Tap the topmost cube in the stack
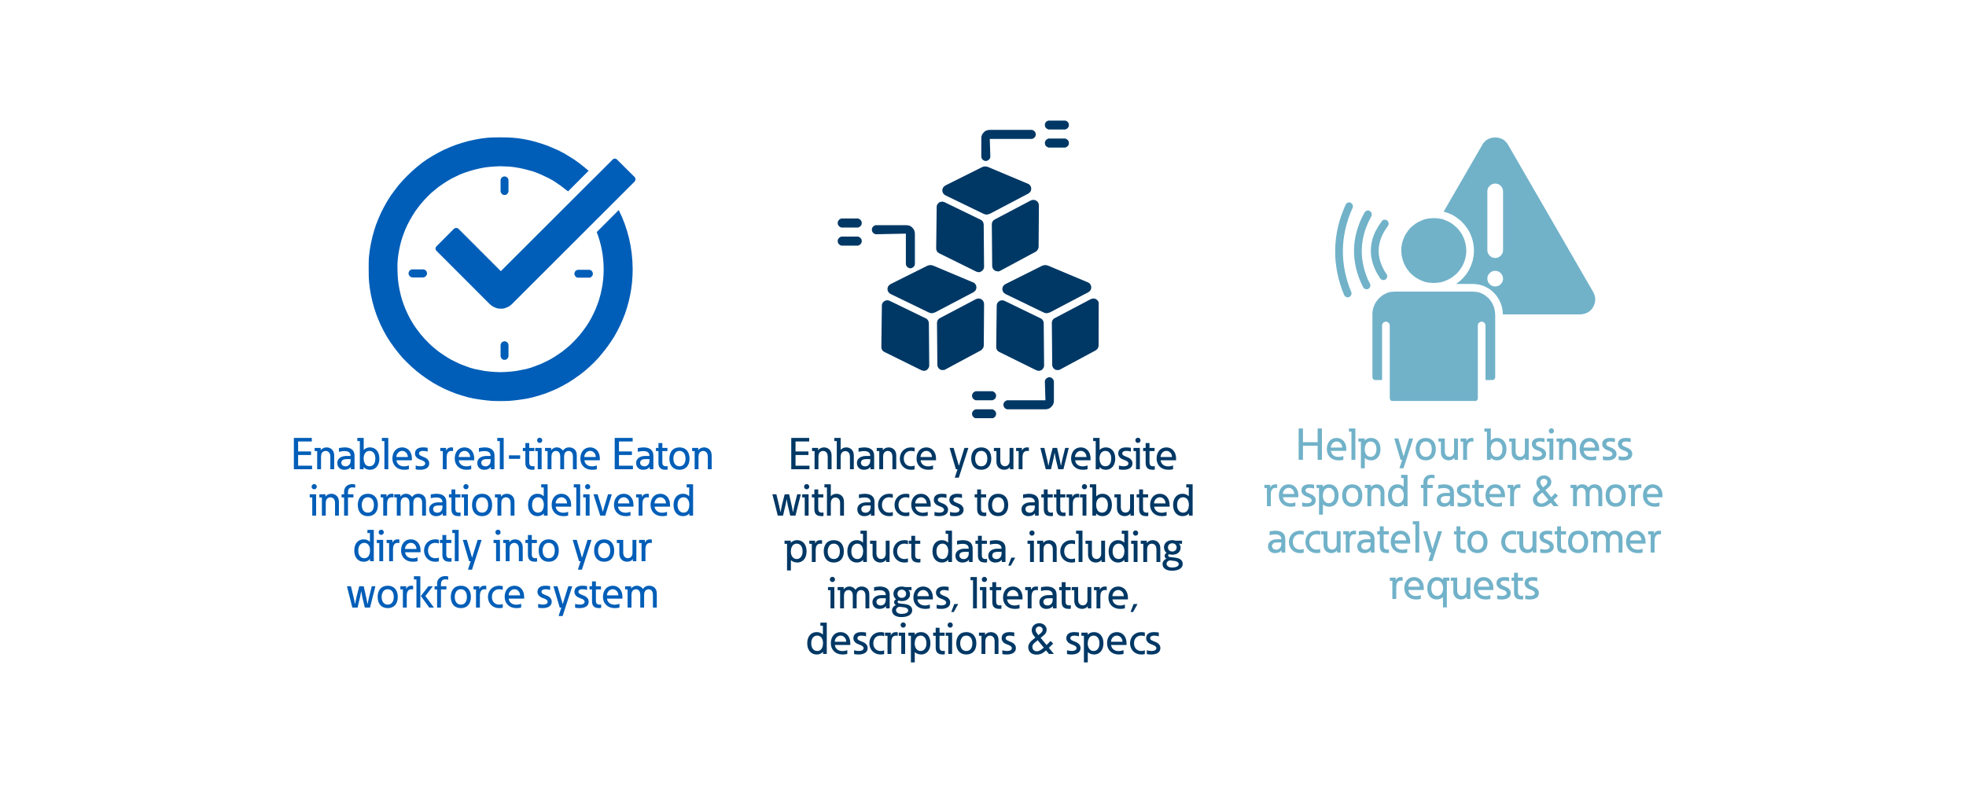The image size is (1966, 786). point(987,219)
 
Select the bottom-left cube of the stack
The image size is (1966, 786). point(933,318)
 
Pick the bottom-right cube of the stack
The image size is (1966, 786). point(1047,318)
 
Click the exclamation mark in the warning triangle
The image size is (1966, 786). point(1495,234)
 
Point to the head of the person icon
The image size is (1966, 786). point(1434,250)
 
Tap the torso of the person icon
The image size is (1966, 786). point(1434,347)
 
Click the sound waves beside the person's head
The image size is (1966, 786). point(1361,249)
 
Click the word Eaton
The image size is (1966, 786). point(662,455)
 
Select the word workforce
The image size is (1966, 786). point(436,593)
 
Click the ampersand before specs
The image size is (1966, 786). point(1040,640)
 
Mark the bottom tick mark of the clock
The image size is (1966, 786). point(504,351)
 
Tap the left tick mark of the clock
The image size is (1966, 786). point(418,274)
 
